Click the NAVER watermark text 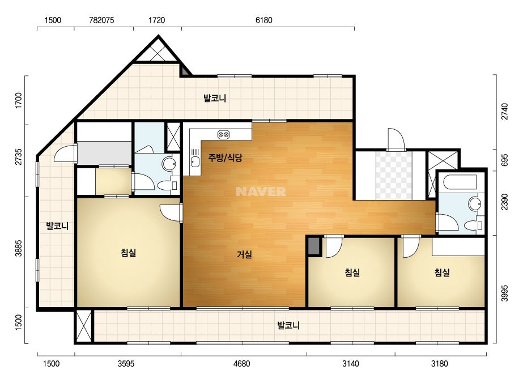pos(261,191)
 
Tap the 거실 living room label pos(244,254)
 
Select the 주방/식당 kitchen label pos(225,158)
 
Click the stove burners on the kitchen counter pos(223,134)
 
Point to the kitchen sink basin pos(195,162)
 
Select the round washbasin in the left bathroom pos(169,164)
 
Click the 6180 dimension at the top pos(264,20)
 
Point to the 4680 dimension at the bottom pos(241,363)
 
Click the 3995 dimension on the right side pos(505,293)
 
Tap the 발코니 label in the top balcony pos(215,98)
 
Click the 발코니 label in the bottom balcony pos(288,325)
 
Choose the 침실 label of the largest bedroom pos(129,253)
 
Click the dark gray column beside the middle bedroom pos(313,246)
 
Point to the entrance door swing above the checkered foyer pos(396,139)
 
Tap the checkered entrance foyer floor pos(394,176)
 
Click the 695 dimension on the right pos(505,160)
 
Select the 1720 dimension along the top pos(156,20)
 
